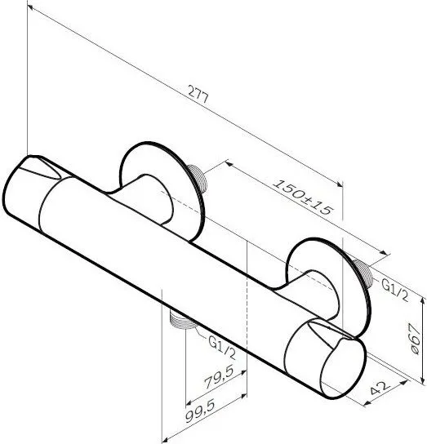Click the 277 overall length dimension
(198, 95)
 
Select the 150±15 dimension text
(302, 198)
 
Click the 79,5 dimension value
(219, 376)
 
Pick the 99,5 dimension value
(200, 410)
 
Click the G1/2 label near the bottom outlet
(222, 347)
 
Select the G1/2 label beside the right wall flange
(395, 290)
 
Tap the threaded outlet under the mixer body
(181, 321)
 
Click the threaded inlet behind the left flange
(198, 179)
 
